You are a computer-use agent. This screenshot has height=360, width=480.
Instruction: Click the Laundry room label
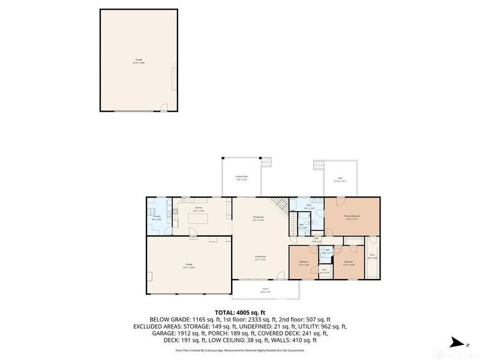157,218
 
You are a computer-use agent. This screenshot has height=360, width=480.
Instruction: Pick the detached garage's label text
139,61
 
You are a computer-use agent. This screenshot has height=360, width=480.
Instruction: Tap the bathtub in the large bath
300,204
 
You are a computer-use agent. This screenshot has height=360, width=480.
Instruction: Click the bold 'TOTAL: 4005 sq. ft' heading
240,311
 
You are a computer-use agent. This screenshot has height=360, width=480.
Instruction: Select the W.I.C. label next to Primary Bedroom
372,254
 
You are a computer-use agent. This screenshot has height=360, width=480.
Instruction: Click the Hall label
317,240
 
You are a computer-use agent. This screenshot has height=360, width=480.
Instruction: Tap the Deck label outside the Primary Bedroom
340,178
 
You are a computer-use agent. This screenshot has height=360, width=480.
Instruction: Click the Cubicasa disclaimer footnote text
240,350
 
